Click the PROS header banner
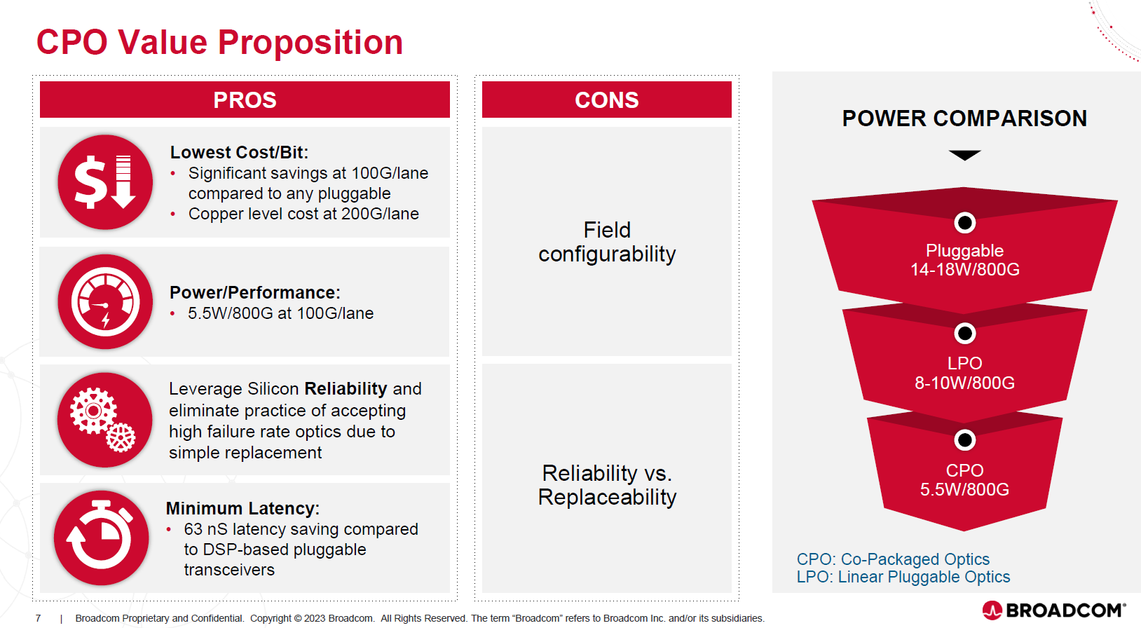245,100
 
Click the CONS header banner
606,100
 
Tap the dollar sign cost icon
105,182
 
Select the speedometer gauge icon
105,301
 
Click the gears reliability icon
105,420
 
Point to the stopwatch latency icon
102,538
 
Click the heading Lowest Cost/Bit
239,152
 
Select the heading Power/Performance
254,292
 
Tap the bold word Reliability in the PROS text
346,388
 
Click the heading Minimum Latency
242,508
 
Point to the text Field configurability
607,242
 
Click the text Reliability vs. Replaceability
607,485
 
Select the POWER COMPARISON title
964,118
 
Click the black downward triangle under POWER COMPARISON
964,155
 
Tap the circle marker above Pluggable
965,223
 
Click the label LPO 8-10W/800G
964,373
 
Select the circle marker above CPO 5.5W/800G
965,440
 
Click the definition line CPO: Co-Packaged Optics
893,559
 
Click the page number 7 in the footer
39,618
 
